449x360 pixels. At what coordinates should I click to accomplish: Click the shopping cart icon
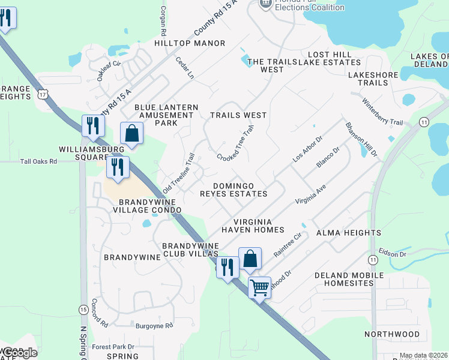pyautogui.click(x=259, y=288)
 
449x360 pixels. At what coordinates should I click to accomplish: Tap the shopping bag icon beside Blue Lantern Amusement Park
pyautogui.click(x=132, y=133)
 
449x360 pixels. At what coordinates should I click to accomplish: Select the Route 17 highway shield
pyautogui.click(x=41, y=94)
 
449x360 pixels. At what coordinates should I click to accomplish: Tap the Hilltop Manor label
pyautogui.click(x=190, y=44)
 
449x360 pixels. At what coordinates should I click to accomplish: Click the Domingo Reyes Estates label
pyautogui.click(x=234, y=190)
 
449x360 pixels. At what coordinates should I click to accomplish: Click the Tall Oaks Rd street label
pyautogui.click(x=38, y=161)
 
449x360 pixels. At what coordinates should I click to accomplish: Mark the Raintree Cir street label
pyautogui.click(x=286, y=244)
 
